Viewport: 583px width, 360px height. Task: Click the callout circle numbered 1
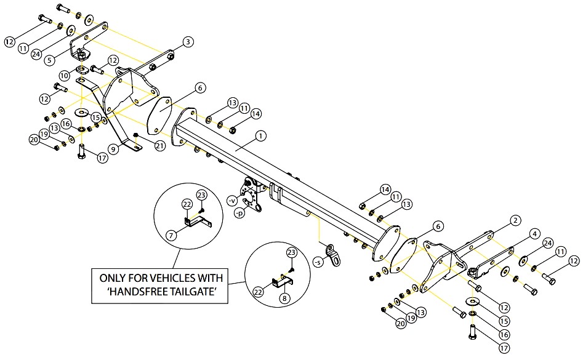(x=261, y=136)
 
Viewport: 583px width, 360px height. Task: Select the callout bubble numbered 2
(x=515, y=220)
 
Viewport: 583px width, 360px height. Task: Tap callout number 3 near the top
(x=188, y=42)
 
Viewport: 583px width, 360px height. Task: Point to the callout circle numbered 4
(x=534, y=234)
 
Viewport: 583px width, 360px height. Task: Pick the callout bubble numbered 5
(x=50, y=60)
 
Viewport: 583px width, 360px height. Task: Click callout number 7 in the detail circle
(x=171, y=236)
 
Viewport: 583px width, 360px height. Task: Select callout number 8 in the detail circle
(x=284, y=298)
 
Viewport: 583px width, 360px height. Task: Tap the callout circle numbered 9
(x=114, y=150)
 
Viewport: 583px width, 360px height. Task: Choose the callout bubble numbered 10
(x=64, y=76)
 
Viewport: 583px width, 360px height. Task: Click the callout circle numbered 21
(x=160, y=146)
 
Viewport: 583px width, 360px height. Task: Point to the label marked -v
(x=231, y=201)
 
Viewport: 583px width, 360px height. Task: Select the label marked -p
(x=240, y=214)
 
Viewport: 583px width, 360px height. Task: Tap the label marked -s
(x=318, y=262)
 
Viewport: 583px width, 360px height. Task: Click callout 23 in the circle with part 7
(x=201, y=195)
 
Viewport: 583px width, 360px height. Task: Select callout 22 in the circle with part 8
(x=259, y=292)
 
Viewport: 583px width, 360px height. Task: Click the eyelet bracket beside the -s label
(x=333, y=255)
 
